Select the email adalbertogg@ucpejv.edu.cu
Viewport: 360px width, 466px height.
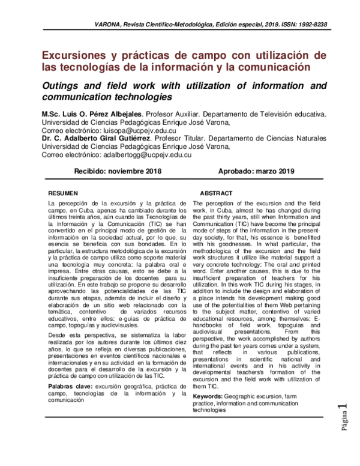click(148, 154)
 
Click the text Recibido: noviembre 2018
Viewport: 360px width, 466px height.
click(118, 171)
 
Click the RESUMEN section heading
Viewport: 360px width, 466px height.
click(63, 194)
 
